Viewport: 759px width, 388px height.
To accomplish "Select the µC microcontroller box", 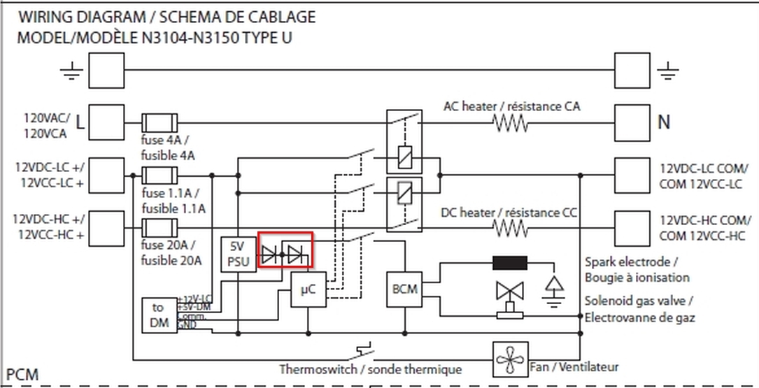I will pyautogui.click(x=308, y=290).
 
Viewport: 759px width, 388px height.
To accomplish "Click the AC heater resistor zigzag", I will pyautogui.click(x=511, y=123).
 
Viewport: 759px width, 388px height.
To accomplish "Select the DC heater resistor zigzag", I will pyautogui.click(x=511, y=229).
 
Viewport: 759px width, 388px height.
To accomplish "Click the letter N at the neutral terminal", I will pyautogui.click(x=664, y=122).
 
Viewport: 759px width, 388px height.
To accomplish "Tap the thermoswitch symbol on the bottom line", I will pyautogui.click(x=364, y=348).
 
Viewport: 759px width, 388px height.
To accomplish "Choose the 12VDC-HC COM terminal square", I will pyautogui.click(x=632, y=227).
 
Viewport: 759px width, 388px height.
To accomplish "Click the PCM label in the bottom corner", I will pyautogui.click(x=22, y=375).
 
